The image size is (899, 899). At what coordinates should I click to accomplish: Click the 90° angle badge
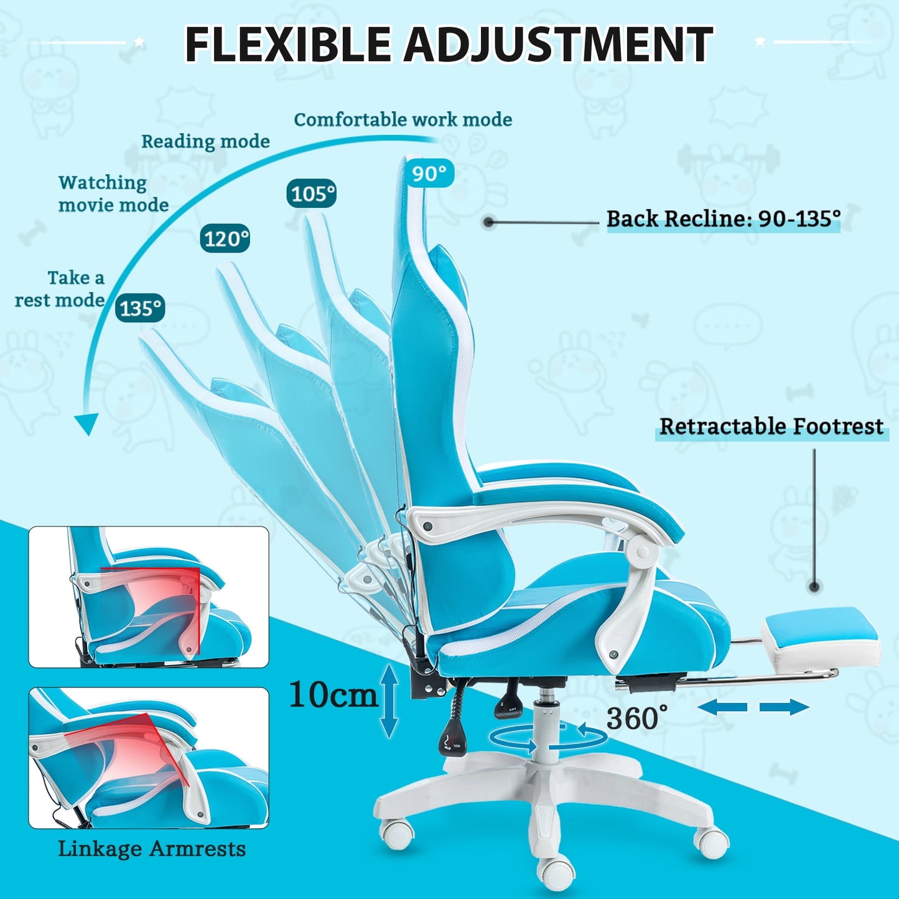click(x=430, y=174)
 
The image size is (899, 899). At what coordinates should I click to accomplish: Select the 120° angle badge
click(x=225, y=238)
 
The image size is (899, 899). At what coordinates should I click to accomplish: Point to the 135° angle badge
click(x=140, y=308)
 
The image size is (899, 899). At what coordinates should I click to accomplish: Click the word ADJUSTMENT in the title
click(x=558, y=44)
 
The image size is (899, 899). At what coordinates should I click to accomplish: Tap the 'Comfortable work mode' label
click(x=403, y=119)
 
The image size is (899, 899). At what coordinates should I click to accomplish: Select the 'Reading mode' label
click(x=205, y=141)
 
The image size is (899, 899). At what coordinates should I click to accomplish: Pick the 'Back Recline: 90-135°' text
click(x=723, y=219)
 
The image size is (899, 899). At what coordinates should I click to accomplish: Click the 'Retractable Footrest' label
click(x=771, y=427)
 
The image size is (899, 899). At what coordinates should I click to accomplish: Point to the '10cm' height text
click(x=333, y=695)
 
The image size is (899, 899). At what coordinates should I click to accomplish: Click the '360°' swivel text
click(x=632, y=719)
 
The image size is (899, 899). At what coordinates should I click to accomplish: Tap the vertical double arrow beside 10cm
click(x=389, y=701)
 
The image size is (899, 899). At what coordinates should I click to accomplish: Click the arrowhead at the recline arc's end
click(x=86, y=424)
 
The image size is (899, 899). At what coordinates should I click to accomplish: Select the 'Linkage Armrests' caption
click(x=152, y=849)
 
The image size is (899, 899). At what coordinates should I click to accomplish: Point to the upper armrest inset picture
click(x=149, y=597)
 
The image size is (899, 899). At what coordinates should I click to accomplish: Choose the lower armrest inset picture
click(x=149, y=758)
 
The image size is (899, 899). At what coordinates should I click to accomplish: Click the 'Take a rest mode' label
click(x=60, y=289)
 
